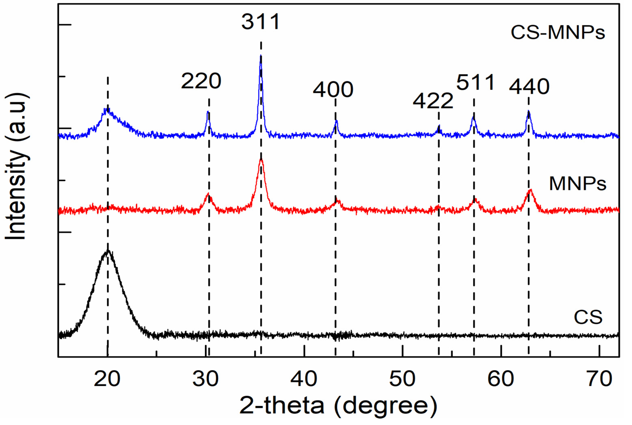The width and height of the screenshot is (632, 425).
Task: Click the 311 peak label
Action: pyautogui.click(x=261, y=22)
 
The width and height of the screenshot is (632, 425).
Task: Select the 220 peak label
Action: pyautogui.click(x=201, y=81)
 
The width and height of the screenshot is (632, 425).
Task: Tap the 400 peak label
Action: pyautogui.click(x=333, y=90)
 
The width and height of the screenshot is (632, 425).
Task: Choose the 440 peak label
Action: pyautogui.click(x=529, y=87)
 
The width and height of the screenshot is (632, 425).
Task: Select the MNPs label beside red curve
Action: pyautogui.click(x=578, y=184)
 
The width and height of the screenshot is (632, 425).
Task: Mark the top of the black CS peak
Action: pyautogui.click(x=108, y=251)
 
